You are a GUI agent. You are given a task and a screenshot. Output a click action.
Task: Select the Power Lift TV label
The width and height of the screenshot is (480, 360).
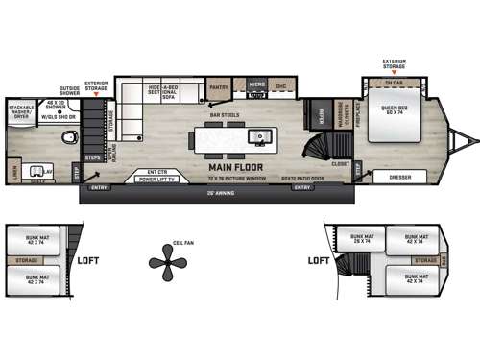159,179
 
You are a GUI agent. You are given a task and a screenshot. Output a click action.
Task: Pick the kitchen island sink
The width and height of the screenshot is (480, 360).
257,138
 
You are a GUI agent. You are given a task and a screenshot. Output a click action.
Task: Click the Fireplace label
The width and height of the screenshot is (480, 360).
354,115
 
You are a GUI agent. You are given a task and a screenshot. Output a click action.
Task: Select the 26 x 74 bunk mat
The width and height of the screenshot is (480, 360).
361,238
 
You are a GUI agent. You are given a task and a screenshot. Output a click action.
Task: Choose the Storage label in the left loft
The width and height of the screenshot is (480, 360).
25,259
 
